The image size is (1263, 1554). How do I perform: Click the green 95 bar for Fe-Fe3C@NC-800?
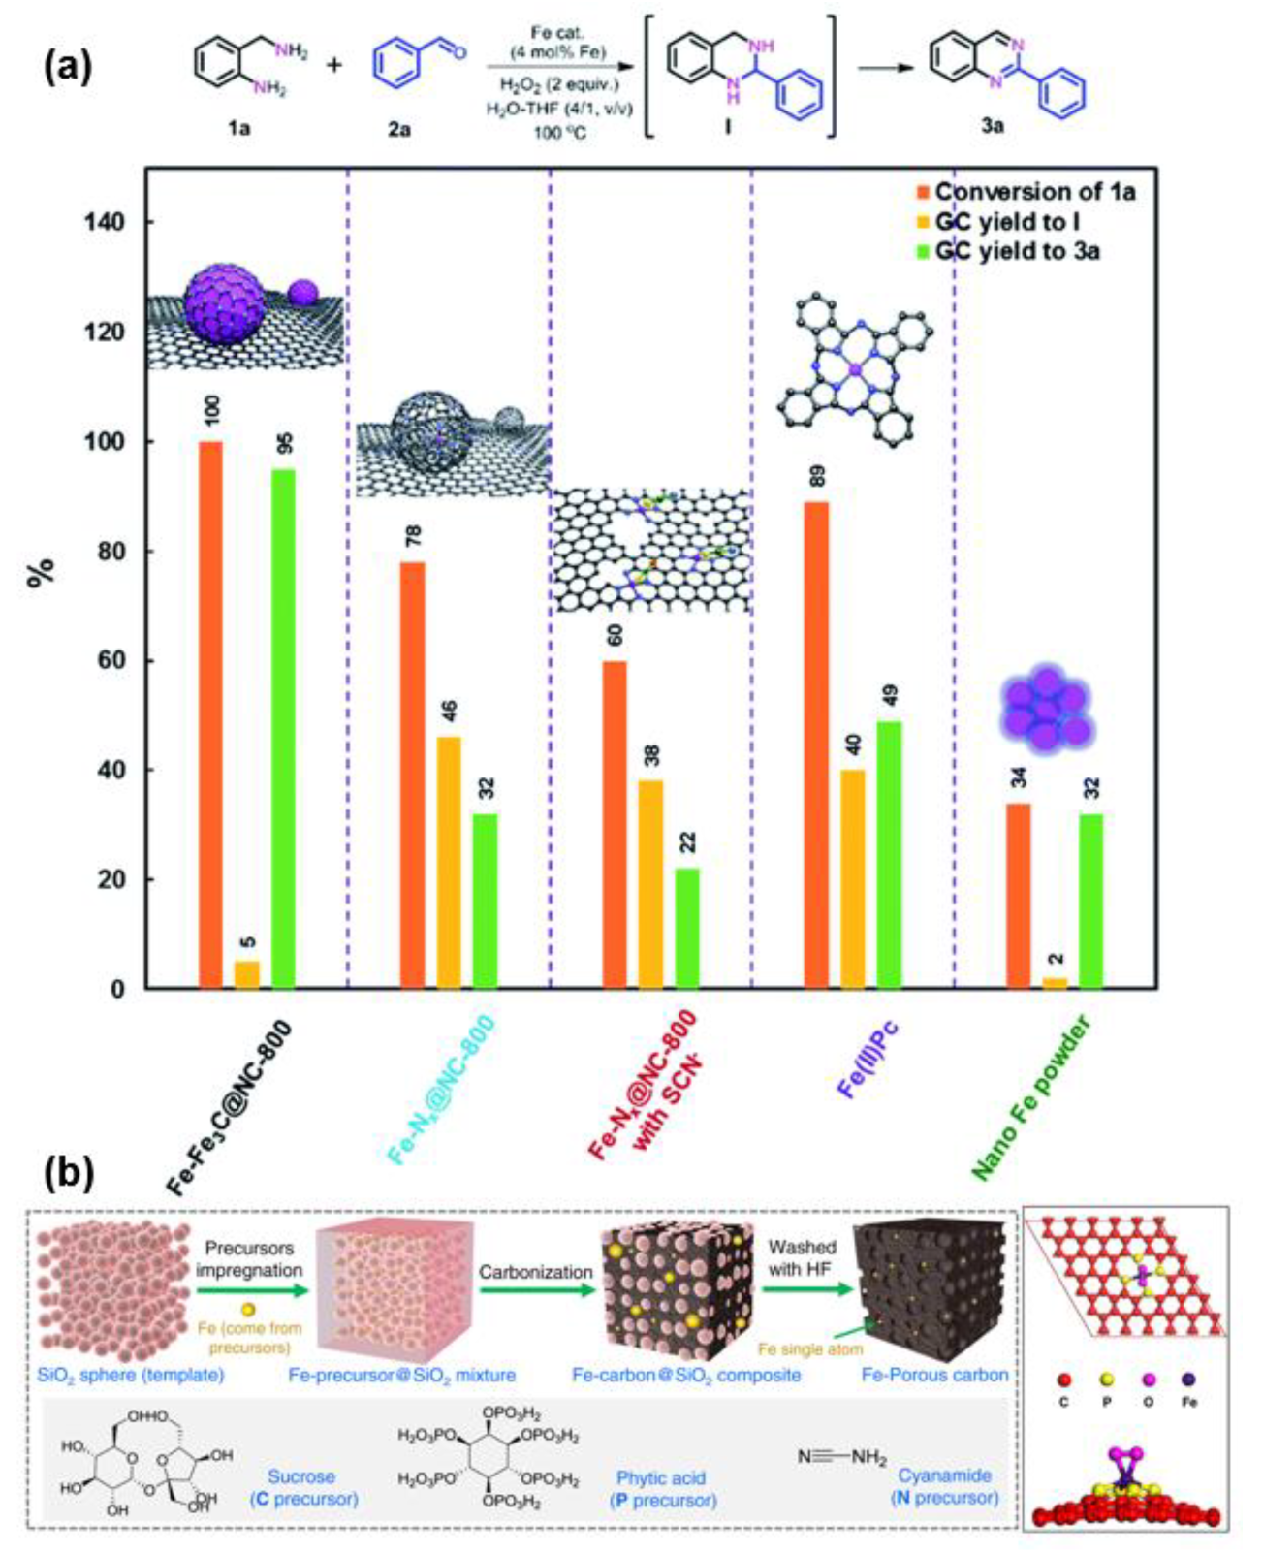(x=283, y=727)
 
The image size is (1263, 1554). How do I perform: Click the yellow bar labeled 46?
(x=449, y=863)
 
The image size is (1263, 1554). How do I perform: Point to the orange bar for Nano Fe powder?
(x=1019, y=896)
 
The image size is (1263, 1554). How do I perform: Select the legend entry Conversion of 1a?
(x=1033, y=192)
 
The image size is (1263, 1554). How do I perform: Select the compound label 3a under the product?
(x=991, y=125)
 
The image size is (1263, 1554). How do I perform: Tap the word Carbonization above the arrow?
(x=535, y=1271)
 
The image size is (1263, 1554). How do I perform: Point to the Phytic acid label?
(x=661, y=1478)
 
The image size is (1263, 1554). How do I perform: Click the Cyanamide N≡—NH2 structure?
(x=841, y=1457)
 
